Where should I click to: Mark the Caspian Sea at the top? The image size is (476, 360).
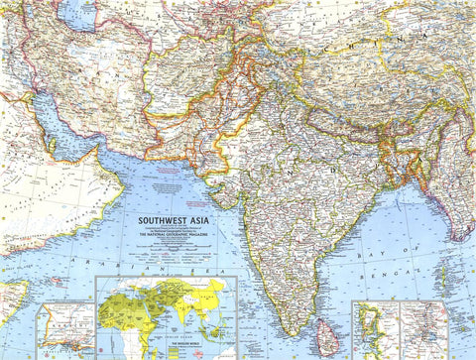point(74,12)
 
